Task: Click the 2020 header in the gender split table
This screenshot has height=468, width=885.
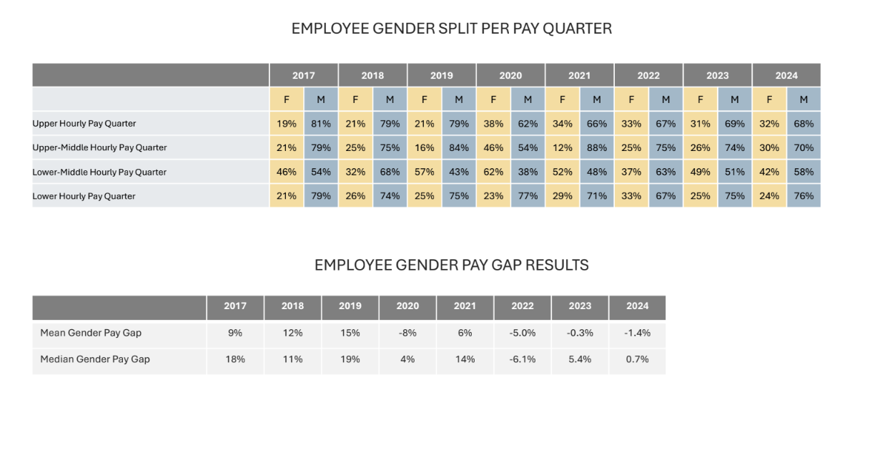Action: tap(510, 75)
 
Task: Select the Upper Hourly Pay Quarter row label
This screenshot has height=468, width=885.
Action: tap(84, 124)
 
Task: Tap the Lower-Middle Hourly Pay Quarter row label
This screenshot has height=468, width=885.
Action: tap(99, 172)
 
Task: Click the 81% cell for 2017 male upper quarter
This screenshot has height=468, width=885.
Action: tap(321, 124)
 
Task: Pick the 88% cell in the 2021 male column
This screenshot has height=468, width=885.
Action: tap(597, 147)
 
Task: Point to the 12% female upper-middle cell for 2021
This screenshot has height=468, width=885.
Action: tap(562, 147)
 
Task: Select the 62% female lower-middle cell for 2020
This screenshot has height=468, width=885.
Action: tap(493, 172)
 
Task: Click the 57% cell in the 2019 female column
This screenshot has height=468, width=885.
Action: tap(424, 172)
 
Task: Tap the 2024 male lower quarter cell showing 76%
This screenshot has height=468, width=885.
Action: tap(804, 196)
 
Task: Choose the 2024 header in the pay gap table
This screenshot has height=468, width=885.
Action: tap(637, 306)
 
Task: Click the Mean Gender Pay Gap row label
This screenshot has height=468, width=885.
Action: tap(91, 333)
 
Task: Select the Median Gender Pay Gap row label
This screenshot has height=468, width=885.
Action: tap(95, 359)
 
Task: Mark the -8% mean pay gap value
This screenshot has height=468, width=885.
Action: tap(407, 333)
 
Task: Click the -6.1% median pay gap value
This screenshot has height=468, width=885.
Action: tap(523, 359)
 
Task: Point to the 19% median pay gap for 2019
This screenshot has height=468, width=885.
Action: tap(350, 359)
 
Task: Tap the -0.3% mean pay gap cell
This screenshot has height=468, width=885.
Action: tap(580, 333)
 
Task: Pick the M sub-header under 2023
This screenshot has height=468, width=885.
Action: tap(735, 99)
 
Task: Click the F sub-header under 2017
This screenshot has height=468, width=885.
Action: tap(287, 99)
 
